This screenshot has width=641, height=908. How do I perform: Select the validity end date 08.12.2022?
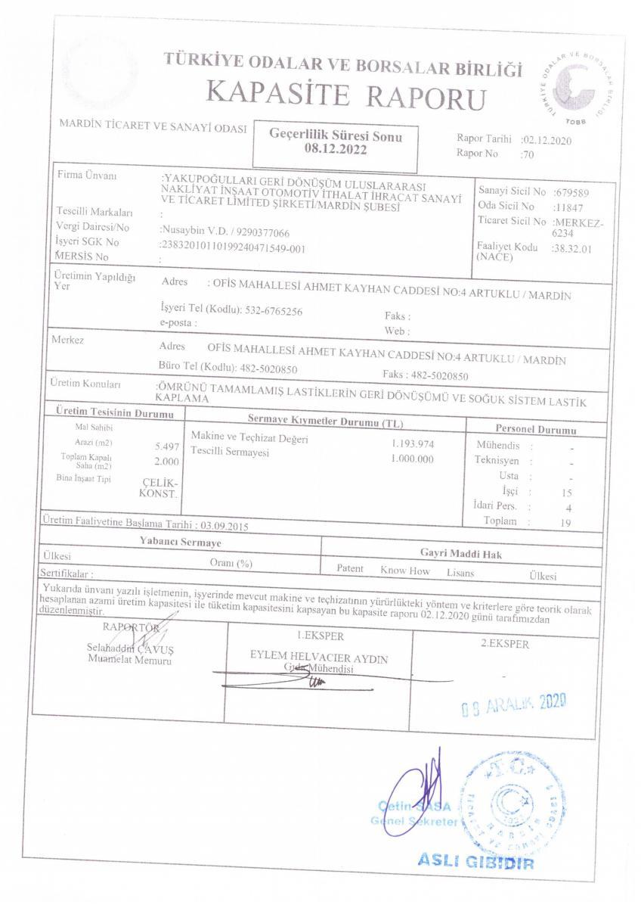coord(335,150)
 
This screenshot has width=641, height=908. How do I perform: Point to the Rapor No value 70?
coord(528,154)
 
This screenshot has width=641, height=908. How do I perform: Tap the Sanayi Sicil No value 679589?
coord(571,192)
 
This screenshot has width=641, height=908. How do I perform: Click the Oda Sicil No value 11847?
coord(566,206)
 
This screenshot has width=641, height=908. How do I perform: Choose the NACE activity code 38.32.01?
coord(572,247)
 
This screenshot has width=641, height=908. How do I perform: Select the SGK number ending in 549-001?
coord(233,247)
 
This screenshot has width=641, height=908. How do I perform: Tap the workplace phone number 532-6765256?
coord(275,311)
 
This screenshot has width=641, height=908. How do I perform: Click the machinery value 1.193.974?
coord(412,443)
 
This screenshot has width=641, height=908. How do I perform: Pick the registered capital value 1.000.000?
coord(412,459)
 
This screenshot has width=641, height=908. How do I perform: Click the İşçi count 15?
coord(568,492)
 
